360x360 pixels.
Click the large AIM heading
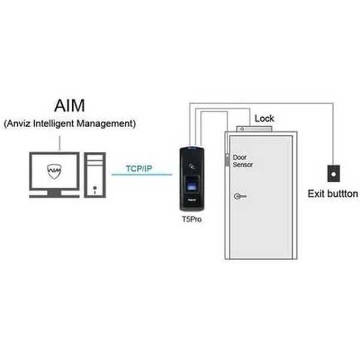coord(70,106)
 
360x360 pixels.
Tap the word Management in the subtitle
coord(104,124)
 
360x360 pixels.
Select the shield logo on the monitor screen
coord(54,171)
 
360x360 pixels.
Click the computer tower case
coord(95,175)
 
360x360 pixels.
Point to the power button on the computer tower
coord(95,188)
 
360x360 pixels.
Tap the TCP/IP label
coord(139,169)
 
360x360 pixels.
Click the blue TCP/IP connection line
coord(142,175)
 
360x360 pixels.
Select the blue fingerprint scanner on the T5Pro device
coord(192,184)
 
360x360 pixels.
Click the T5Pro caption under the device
coord(192,219)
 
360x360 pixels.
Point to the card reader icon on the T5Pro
coord(192,166)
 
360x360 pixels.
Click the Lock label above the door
coord(264,118)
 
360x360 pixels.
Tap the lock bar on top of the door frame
coord(254,129)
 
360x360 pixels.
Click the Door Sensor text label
coord(242,161)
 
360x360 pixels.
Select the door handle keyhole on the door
coord(240,196)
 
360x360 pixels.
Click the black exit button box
coord(334,173)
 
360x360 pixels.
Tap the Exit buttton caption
coord(333,194)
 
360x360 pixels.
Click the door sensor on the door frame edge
coord(227,160)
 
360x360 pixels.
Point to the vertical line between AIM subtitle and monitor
coord(60,143)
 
